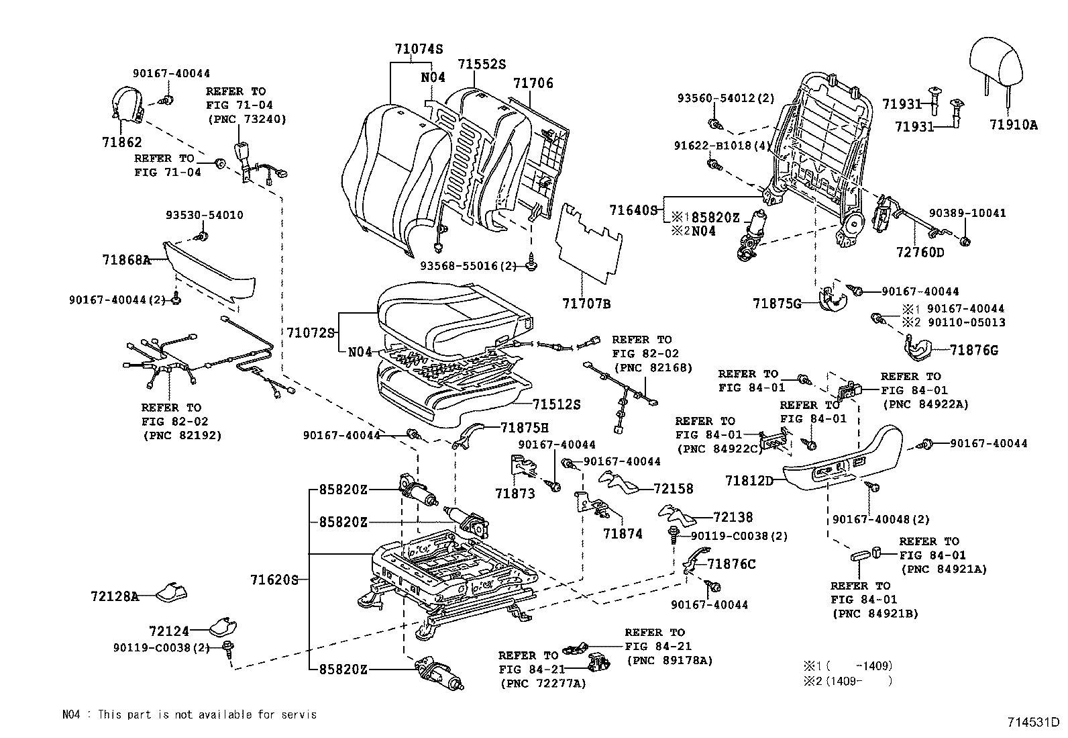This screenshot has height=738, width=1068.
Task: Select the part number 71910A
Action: (1013, 125)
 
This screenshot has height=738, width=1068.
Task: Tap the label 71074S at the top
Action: (419, 49)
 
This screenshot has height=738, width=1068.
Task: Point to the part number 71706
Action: (533, 83)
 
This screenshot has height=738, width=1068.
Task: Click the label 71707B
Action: (586, 304)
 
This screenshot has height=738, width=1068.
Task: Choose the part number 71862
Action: (122, 142)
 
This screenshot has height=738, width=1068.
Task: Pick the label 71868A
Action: (126, 260)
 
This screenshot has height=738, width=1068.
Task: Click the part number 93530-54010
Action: (205, 216)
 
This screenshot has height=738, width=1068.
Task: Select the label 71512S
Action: (557, 404)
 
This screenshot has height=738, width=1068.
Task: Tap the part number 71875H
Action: (525, 427)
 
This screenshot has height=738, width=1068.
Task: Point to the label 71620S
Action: (273, 580)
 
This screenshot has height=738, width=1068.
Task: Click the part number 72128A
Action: (115, 596)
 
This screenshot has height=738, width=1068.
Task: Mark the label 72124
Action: (169, 631)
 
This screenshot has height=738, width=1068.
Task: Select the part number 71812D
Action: (749, 481)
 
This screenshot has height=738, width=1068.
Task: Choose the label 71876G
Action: (974, 351)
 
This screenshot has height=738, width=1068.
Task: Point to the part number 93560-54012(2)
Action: (725, 98)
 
